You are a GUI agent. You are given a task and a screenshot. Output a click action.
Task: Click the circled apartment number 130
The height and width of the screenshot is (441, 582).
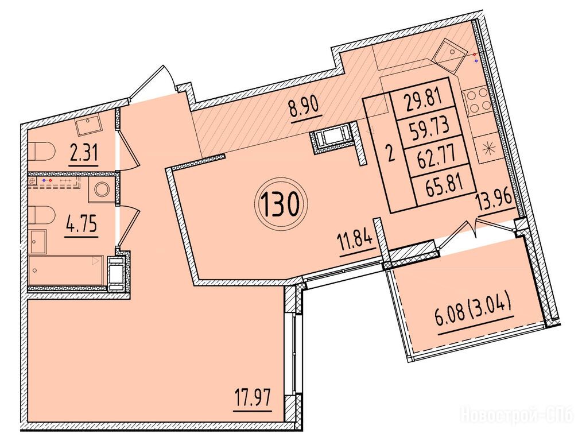point(281,206)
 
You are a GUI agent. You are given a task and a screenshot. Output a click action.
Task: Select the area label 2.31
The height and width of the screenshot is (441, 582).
point(84,152)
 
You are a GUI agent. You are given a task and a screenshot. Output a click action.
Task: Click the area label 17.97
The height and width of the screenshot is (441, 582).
point(253,399)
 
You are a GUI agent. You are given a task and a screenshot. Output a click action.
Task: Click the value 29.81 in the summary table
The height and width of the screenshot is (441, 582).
point(423,99)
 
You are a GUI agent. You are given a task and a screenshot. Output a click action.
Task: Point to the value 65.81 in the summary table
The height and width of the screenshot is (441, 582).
point(445,183)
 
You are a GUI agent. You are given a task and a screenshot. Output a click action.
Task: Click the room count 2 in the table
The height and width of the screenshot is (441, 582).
point(389,153)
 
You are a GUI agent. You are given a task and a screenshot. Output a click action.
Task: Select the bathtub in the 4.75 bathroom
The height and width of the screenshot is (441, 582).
point(66,270)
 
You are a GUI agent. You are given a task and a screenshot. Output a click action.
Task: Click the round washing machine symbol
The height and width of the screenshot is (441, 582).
point(102,189)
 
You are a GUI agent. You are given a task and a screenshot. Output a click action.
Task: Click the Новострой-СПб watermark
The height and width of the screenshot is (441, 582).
point(518,414)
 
